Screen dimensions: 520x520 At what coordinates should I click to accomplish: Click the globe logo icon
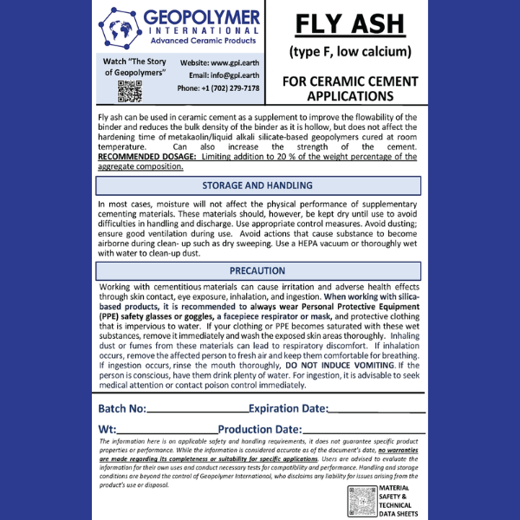pyautogui.click(x=120, y=29)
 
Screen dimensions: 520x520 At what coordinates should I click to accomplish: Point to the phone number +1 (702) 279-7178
pyautogui.click(x=218, y=88)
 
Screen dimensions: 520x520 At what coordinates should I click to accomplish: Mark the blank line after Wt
pyautogui.click(x=167, y=432)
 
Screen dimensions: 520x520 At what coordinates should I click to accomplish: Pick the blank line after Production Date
pyautogui.click(x=364, y=432)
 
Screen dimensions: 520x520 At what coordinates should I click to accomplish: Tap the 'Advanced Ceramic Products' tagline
pyautogui.click(x=205, y=41)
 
